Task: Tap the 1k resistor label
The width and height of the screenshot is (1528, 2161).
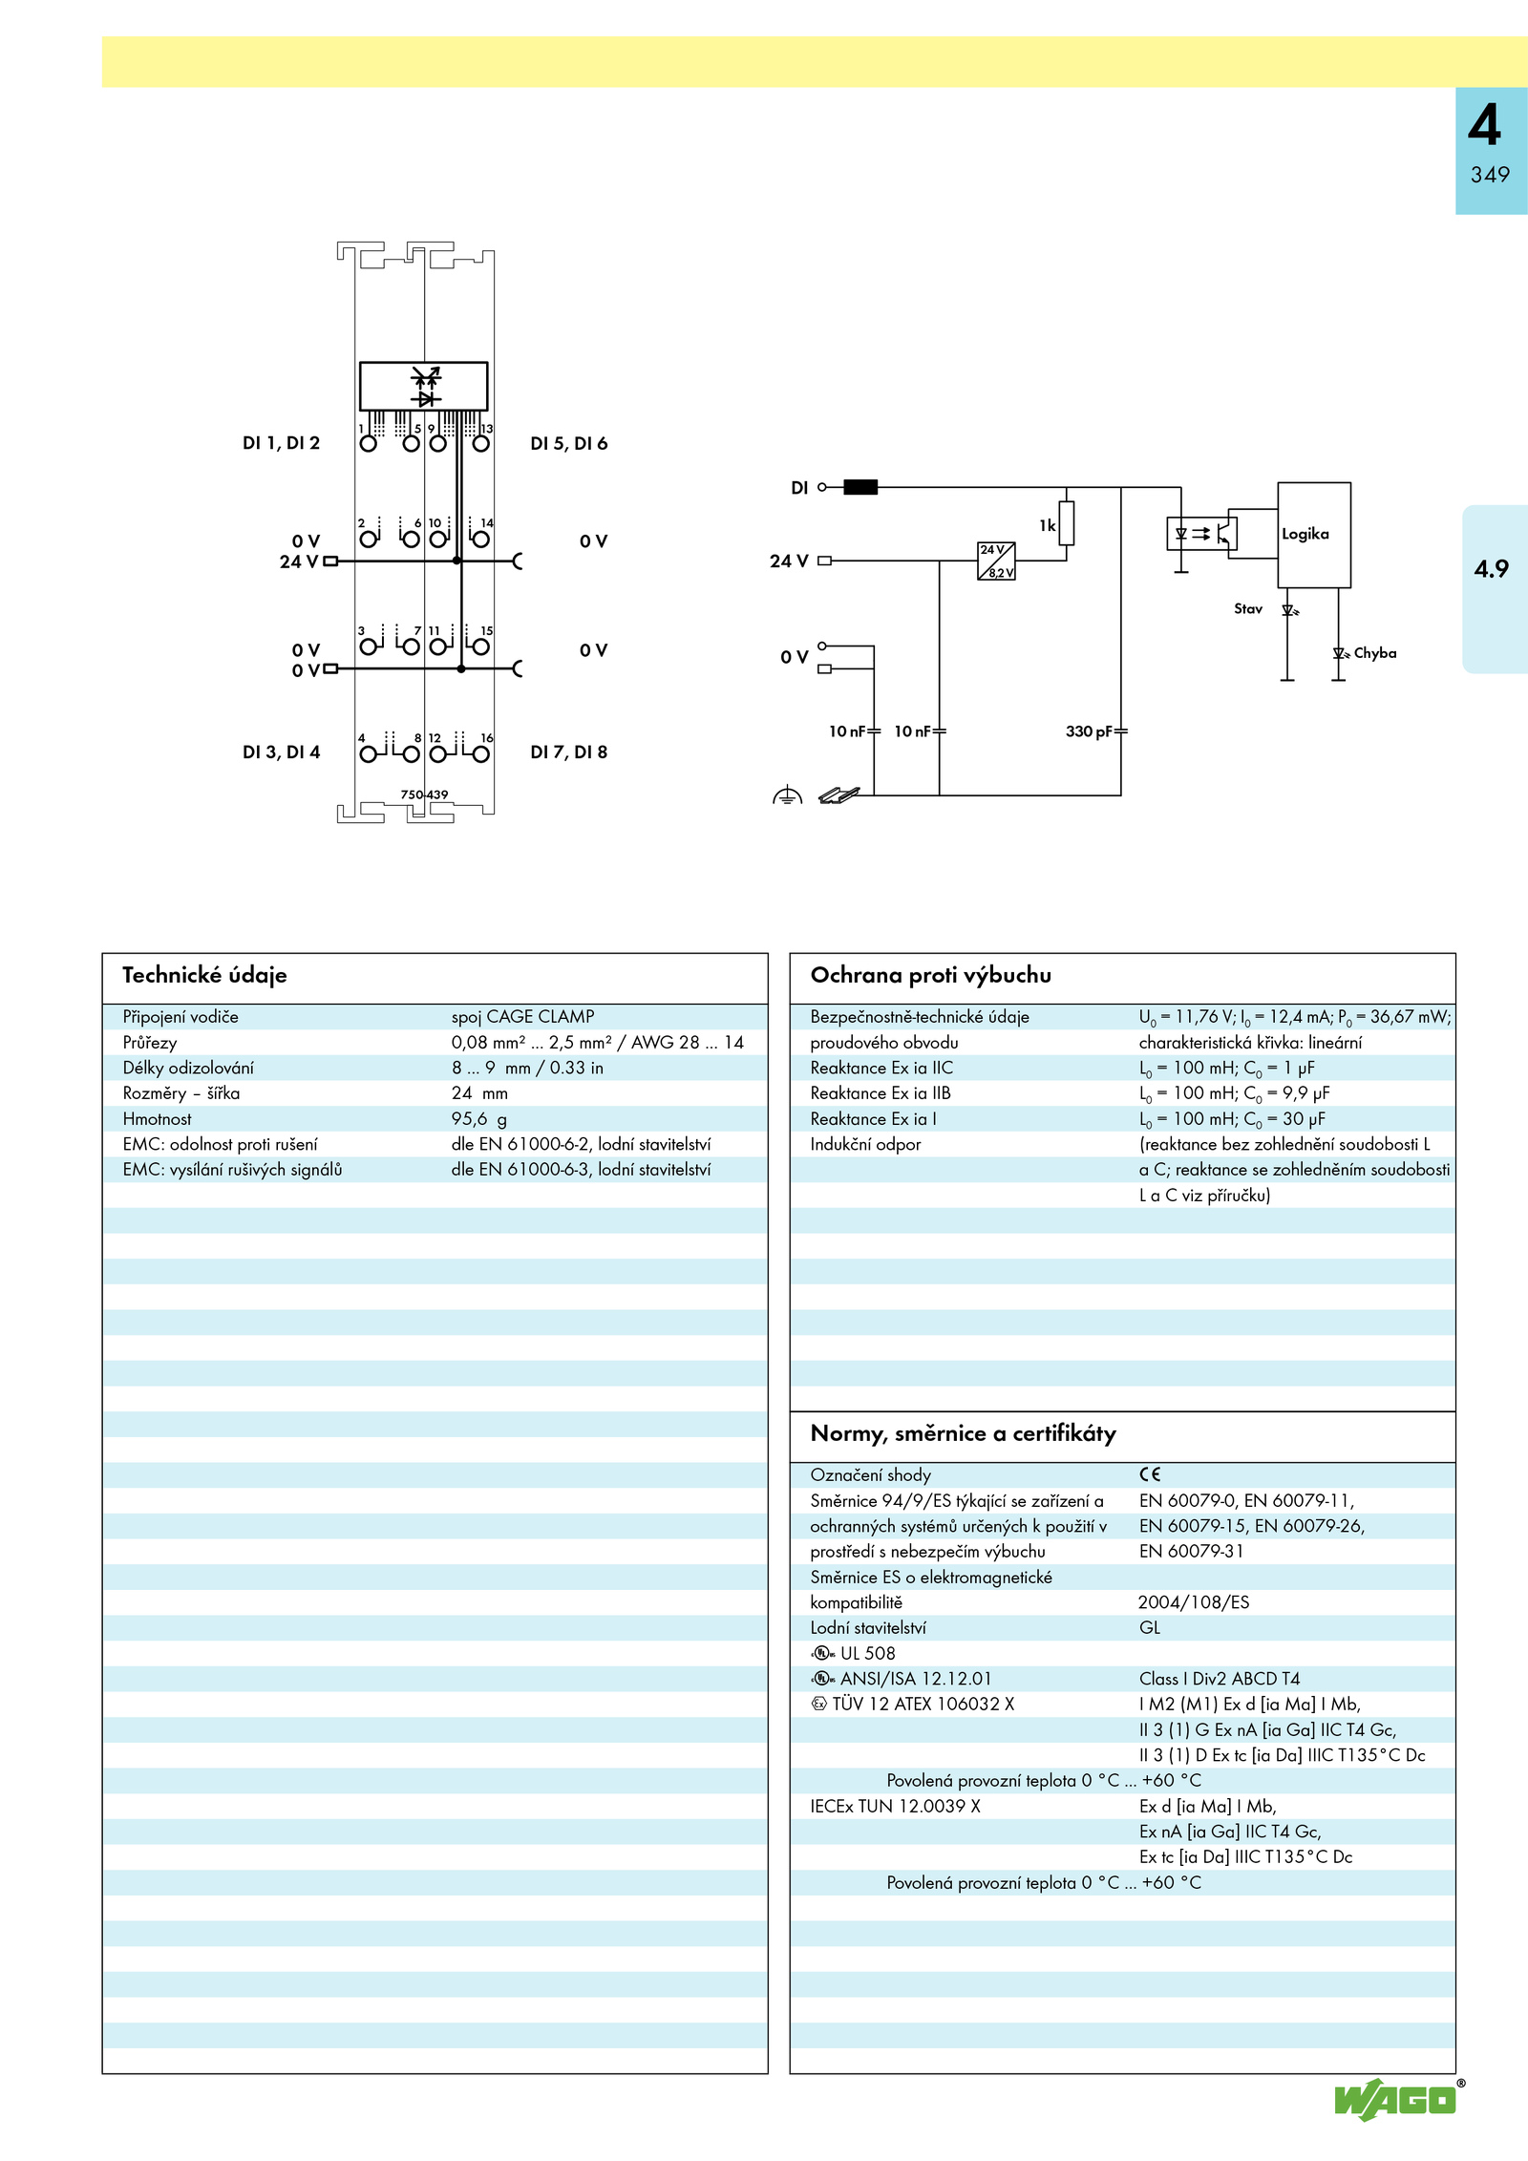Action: pyautogui.click(x=1048, y=525)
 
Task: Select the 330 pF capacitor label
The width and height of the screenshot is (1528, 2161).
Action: pyautogui.click(x=1089, y=731)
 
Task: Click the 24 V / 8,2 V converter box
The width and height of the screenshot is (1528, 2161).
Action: pyautogui.click(x=996, y=561)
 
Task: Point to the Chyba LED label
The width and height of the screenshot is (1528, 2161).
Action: pyautogui.click(x=1374, y=653)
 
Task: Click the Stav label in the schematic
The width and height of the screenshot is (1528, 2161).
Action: pyautogui.click(x=1247, y=608)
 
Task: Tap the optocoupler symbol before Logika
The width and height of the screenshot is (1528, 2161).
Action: pyautogui.click(x=1201, y=533)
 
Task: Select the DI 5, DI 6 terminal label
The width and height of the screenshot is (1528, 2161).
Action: pyautogui.click(x=568, y=443)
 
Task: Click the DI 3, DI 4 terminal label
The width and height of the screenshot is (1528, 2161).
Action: pyautogui.click(x=281, y=752)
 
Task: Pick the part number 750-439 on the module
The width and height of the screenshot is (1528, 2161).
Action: pyautogui.click(x=424, y=794)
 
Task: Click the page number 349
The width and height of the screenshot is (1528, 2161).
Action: pyautogui.click(x=1490, y=175)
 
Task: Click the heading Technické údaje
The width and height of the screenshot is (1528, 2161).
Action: pyautogui.click(x=204, y=975)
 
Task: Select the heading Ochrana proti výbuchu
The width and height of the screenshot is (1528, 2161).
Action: pyautogui.click(x=930, y=975)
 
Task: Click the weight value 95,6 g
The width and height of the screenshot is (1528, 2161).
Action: pyautogui.click(x=479, y=1118)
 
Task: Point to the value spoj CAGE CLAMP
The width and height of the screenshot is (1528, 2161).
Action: pyautogui.click(x=522, y=1016)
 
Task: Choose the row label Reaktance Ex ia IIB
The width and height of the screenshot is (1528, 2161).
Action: pyautogui.click(x=881, y=1092)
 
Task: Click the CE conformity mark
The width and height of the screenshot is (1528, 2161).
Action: pyautogui.click(x=1150, y=1474)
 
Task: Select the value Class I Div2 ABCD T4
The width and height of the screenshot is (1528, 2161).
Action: pyautogui.click(x=1220, y=1678)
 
